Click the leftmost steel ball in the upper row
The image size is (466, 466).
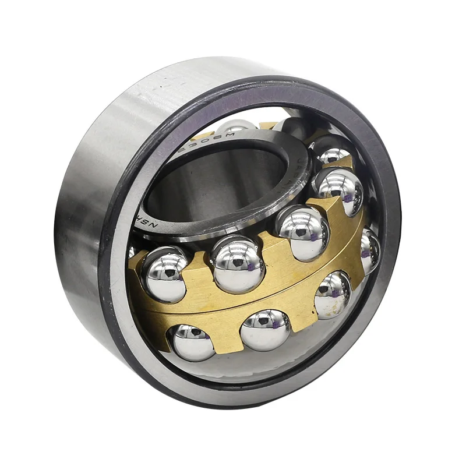click(x=165, y=273)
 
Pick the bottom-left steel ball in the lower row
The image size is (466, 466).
click(x=193, y=342)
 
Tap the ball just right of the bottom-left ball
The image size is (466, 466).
click(x=265, y=330)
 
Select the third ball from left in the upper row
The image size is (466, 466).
click(x=302, y=232)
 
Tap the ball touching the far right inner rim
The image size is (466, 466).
click(x=370, y=250)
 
